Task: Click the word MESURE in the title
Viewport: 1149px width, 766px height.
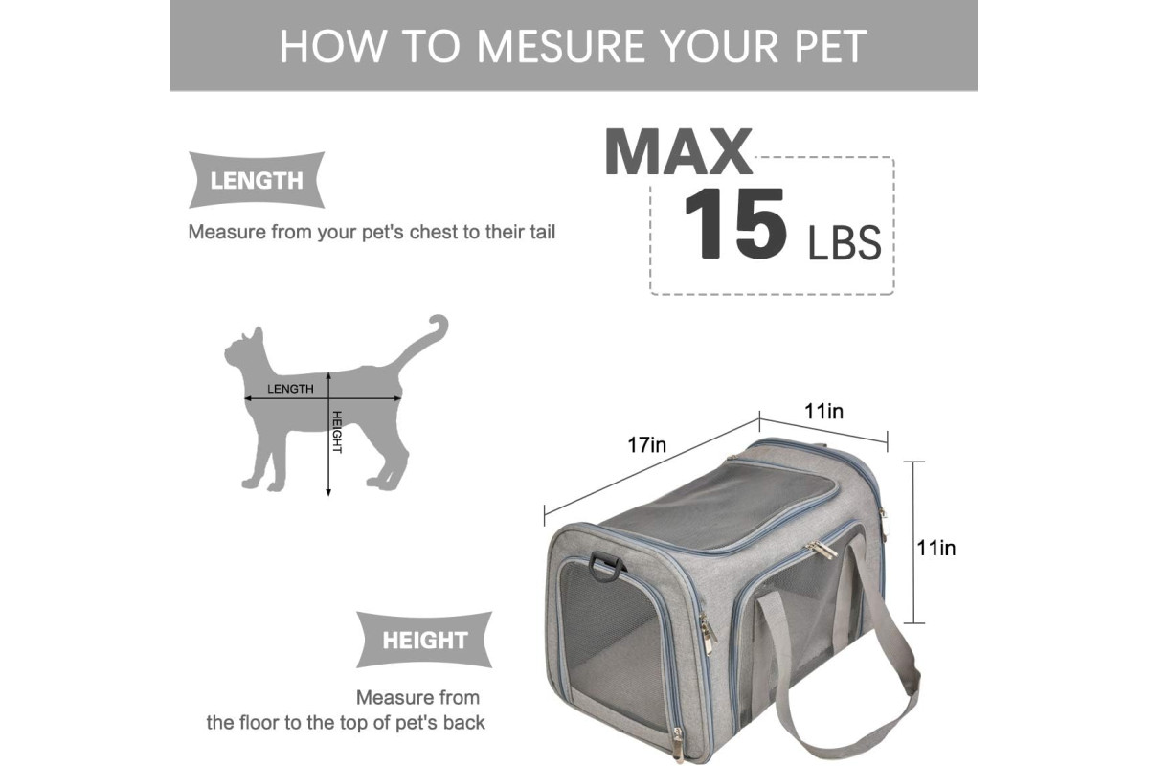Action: tap(561, 46)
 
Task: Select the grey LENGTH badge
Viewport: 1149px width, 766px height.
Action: tap(257, 180)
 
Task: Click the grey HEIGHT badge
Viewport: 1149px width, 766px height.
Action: tap(424, 640)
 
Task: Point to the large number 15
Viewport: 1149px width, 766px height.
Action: tap(735, 223)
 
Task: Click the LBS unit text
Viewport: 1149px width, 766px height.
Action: tap(845, 242)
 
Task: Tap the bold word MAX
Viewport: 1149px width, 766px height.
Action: tap(678, 152)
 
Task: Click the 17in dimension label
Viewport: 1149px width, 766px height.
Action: tap(647, 445)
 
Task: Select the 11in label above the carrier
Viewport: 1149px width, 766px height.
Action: tap(823, 411)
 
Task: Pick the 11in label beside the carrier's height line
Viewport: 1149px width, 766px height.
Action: tap(936, 548)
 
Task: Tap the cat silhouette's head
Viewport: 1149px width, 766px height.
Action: tap(245, 349)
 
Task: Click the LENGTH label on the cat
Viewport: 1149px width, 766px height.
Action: tap(290, 389)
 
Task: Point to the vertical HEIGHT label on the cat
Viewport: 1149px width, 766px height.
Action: tap(337, 432)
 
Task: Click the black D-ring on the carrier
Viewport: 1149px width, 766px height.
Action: tap(605, 566)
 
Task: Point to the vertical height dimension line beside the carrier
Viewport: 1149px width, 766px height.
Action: tap(913, 542)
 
